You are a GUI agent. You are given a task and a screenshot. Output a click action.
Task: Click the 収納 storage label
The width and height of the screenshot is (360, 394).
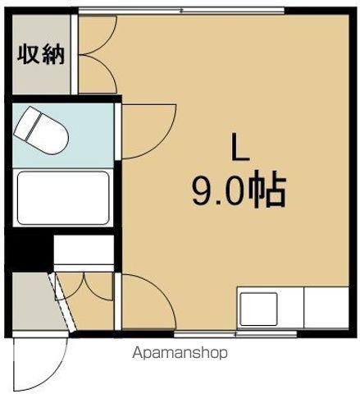click(38, 55)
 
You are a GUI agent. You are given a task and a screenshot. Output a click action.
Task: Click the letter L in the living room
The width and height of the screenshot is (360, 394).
click(238, 149)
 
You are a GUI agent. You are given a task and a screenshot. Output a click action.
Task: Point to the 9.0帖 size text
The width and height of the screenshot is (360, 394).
click(239, 191)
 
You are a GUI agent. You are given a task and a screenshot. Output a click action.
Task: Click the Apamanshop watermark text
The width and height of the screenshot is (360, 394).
click(179, 353)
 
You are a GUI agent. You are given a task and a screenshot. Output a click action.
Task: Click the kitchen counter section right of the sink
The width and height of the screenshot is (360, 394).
click(326, 309)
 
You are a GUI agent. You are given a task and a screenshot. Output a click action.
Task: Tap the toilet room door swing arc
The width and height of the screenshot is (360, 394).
click(148, 131)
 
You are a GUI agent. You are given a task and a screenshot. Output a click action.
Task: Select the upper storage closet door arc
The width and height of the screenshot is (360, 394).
click(97, 37)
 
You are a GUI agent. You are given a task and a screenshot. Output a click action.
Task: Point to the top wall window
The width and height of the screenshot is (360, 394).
click(182, 10)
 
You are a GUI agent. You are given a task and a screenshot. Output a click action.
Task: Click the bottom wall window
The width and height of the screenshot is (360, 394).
click(205, 336)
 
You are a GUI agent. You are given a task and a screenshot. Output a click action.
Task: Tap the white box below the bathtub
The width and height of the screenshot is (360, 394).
click(83, 250)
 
